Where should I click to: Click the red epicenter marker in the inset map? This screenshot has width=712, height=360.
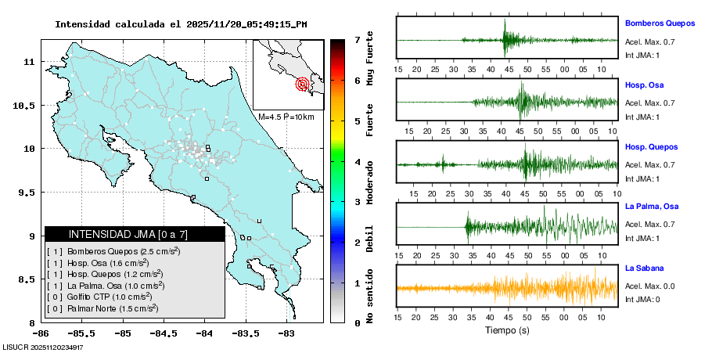click(x=303, y=84)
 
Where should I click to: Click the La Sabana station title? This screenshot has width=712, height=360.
click(x=642, y=268)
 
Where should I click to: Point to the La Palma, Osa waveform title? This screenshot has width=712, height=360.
click(x=652, y=207)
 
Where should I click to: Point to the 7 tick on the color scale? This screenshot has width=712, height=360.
click(x=357, y=39)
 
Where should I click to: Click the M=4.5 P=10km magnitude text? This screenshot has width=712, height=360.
click(x=286, y=117)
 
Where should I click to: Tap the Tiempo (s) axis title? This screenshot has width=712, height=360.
click(x=508, y=330)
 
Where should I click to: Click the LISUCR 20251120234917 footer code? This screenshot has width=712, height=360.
click(x=43, y=347)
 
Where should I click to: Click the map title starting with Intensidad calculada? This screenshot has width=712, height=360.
click(x=180, y=24)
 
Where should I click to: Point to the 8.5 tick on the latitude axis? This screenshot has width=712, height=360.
click(x=28, y=279)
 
